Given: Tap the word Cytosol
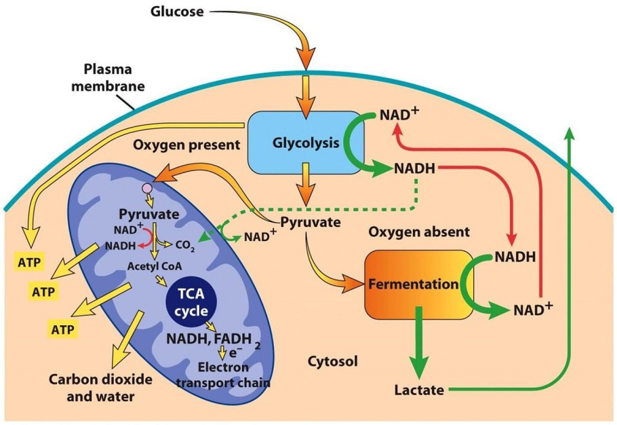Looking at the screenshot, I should click(329, 359).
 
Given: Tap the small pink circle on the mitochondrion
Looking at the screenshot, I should click(147, 187).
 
